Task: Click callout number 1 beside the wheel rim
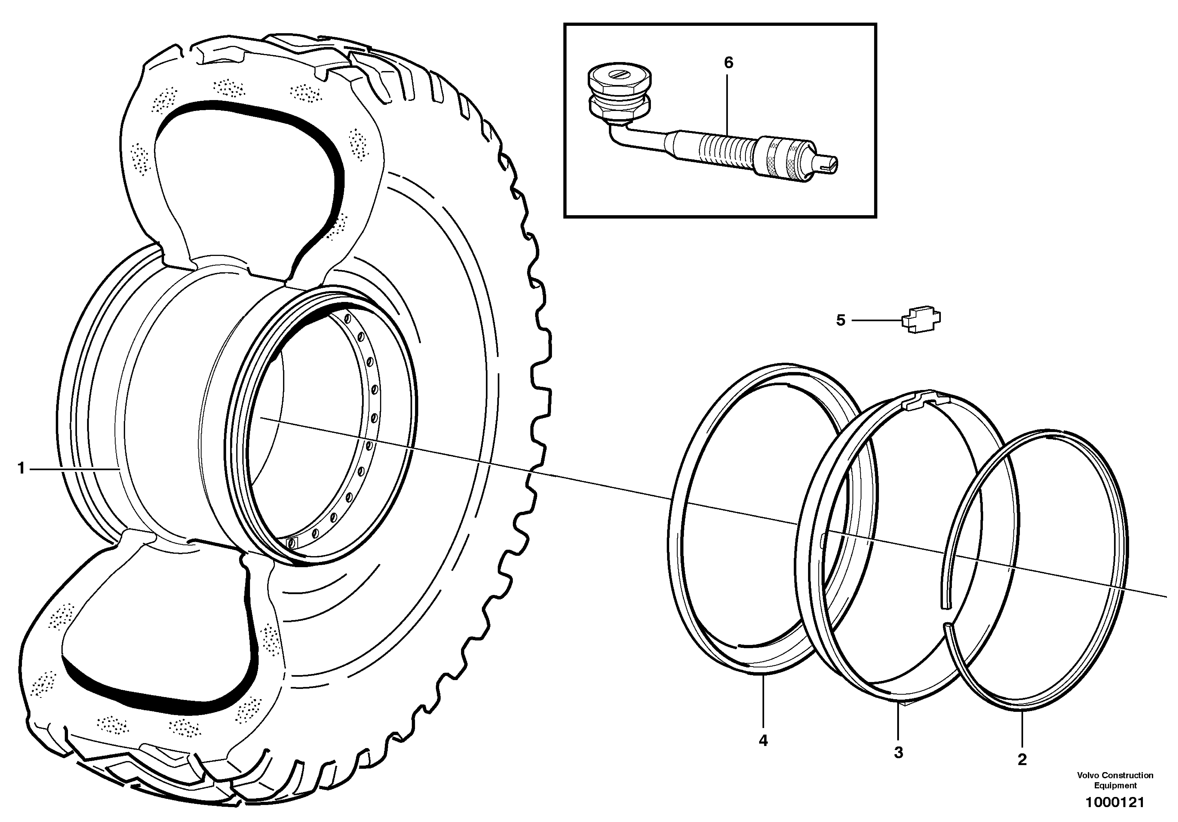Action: click(21, 468)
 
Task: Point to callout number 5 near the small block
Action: click(840, 320)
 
